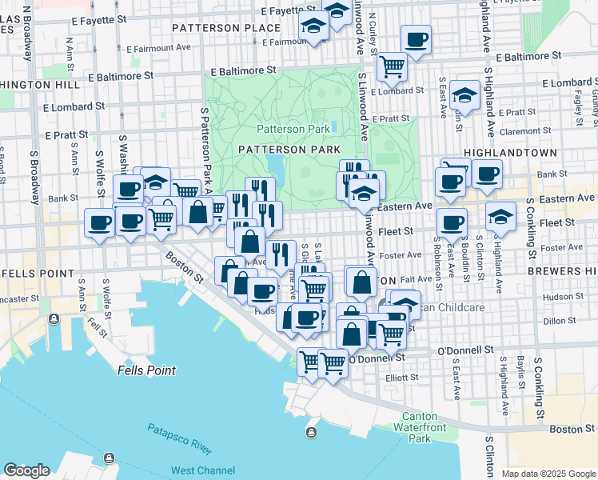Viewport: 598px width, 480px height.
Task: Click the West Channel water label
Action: pyautogui.click(x=203, y=470)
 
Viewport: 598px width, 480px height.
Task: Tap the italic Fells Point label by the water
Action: pyautogui.click(x=146, y=370)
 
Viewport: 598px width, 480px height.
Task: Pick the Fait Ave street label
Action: pyautogui.click(x=417, y=279)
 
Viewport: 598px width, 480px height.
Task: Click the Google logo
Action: pyautogui.click(x=26, y=470)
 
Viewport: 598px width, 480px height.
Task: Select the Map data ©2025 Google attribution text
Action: pyautogui.click(x=548, y=474)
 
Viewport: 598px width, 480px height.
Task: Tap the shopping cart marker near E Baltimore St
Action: pyautogui.click(x=392, y=66)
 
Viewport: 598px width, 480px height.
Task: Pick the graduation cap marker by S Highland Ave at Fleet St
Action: pyautogui.click(x=500, y=217)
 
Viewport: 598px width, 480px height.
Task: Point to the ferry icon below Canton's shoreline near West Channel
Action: pyautogui.click(x=310, y=433)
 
